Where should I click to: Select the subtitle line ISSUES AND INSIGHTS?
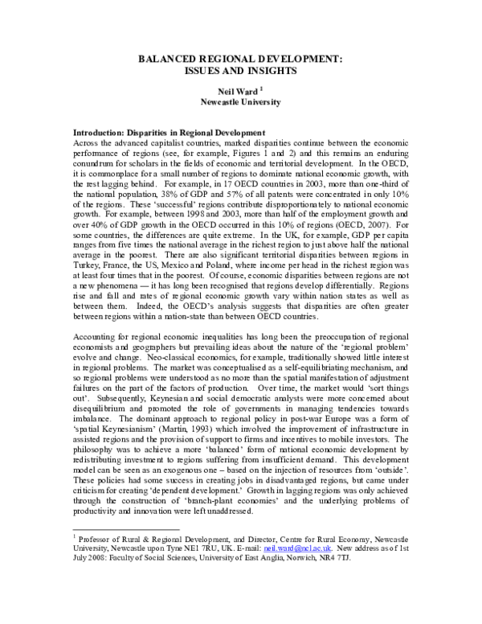coord(240,71)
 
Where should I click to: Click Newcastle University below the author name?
coord(240,103)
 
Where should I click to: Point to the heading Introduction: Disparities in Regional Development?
coord(169,132)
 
